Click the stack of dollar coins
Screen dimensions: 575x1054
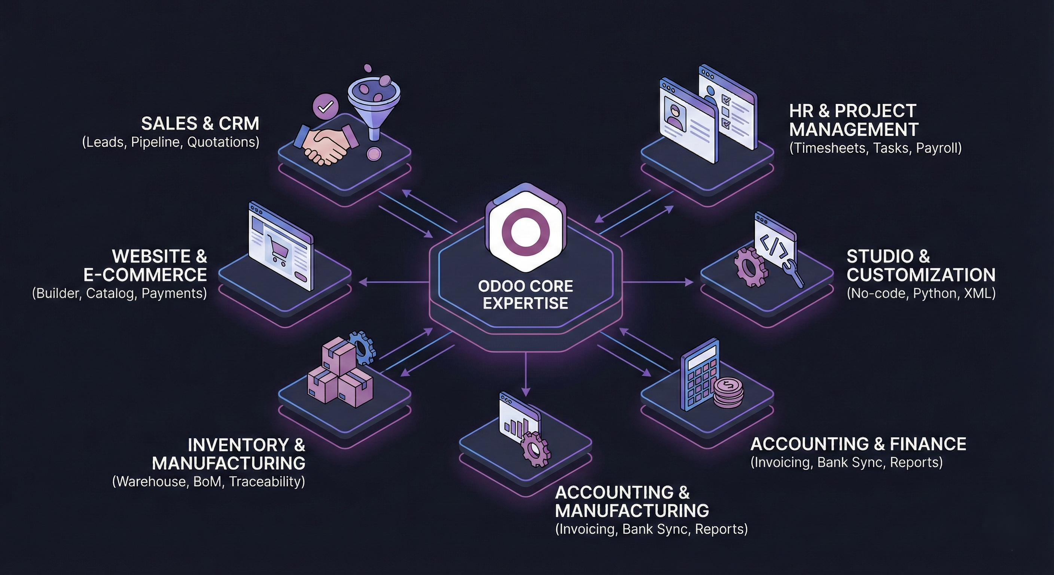(729, 393)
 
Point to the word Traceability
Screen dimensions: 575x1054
(266, 482)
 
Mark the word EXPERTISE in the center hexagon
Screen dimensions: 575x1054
(526, 303)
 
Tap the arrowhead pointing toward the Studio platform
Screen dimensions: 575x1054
(689, 282)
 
